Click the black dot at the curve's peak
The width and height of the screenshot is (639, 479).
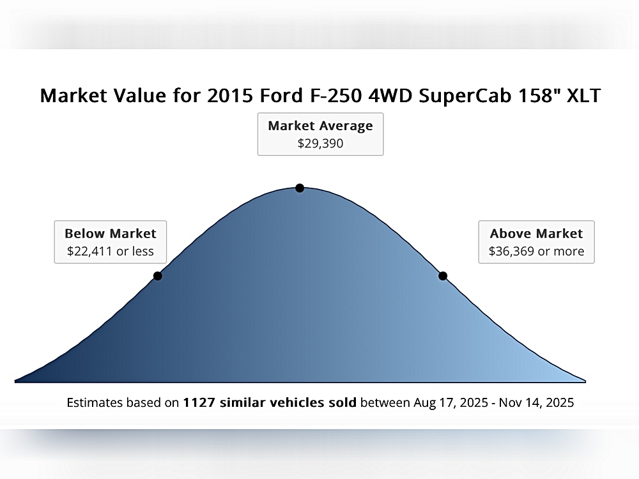[x=300, y=188]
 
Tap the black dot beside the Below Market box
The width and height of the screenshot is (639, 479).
[x=158, y=276]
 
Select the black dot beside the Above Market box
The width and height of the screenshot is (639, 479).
[x=443, y=276]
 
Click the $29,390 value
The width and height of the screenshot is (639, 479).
[x=320, y=144]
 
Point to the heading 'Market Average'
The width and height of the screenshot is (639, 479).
[x=320, y=126]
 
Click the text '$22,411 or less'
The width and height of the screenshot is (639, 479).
[x=111, y=251]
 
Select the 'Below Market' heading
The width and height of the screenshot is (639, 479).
[x=111, y=233]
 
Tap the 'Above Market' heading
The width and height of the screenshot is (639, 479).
[x=536, y=233]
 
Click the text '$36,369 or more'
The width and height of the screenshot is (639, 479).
[x=536, y=251]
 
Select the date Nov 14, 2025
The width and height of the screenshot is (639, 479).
[x=536, y=403]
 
